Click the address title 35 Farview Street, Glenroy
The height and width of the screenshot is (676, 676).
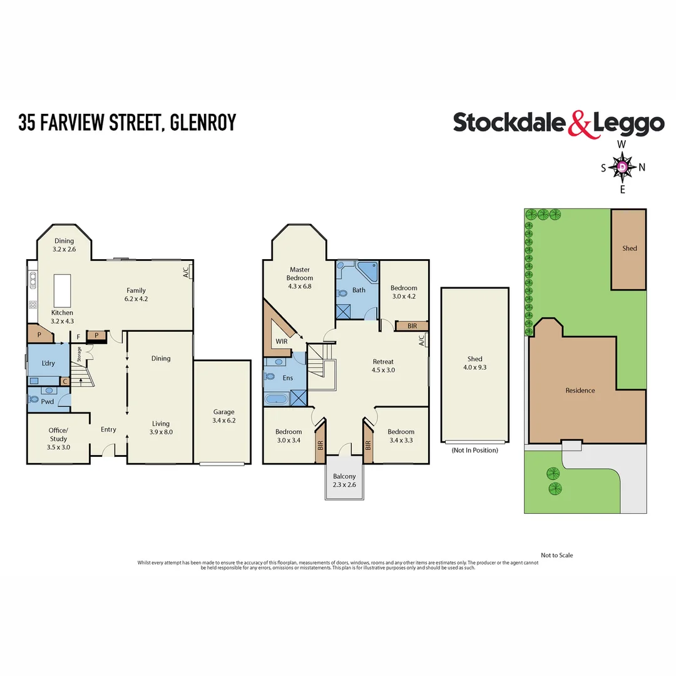click(x=127, y=122)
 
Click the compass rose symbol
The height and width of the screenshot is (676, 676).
click(x=622, y=167)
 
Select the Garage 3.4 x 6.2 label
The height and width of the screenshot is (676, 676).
click(x=223, y=416)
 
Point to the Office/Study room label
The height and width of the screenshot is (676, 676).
click(x=58, y=434)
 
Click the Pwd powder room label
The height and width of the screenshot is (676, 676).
click(x=48, y=402)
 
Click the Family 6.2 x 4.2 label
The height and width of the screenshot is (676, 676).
click(x=136, y=294)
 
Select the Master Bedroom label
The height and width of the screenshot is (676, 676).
click(x=300, y=277)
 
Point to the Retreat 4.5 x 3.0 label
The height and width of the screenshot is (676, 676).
click(x=383, y=366)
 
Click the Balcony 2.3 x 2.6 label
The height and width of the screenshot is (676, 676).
click(x=344, y=481)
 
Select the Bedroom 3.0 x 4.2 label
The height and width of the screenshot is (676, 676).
click(x=404, y=292)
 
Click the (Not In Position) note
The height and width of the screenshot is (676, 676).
click(x=474, y=450)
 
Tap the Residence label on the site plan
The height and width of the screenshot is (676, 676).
click(x=580, y=390)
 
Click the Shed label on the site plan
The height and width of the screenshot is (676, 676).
click(x=629, y=248)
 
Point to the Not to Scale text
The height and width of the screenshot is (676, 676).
click(x=556, y=555)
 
